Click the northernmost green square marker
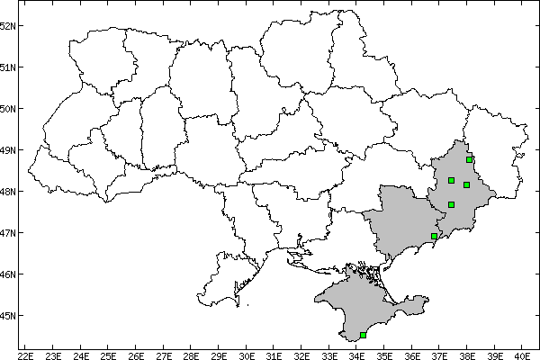click(470, 159)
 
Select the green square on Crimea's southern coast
click(363, 335)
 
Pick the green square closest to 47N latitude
click(434, 236)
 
